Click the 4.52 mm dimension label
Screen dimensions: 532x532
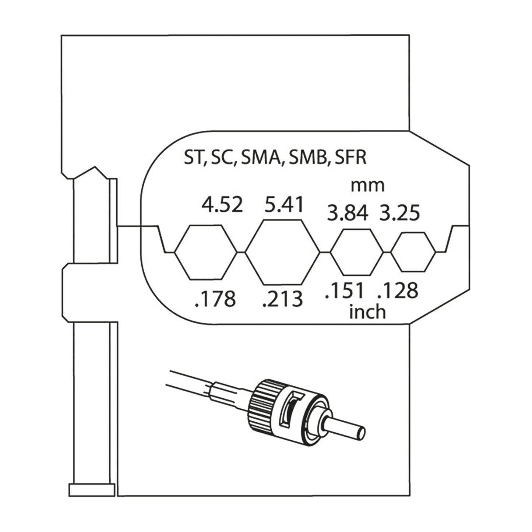tap(222, 205)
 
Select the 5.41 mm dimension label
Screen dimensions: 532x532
tap(283, 205)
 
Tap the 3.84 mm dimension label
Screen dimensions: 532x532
tap(348, 213)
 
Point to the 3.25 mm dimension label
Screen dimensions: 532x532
tap(399, 213)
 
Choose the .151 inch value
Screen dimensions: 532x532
tap(344, 290)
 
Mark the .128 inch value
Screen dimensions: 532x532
tap(398, 290)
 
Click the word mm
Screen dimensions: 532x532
tap(367, 186)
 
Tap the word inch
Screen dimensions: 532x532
tap(367, 312)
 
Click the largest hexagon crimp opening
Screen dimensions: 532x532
tap(282, 252)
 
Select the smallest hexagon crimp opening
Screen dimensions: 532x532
tap(413, 252)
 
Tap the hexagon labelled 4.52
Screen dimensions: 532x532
tap(205, 252)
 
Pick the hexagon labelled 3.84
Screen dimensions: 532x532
tap(356, 252)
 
